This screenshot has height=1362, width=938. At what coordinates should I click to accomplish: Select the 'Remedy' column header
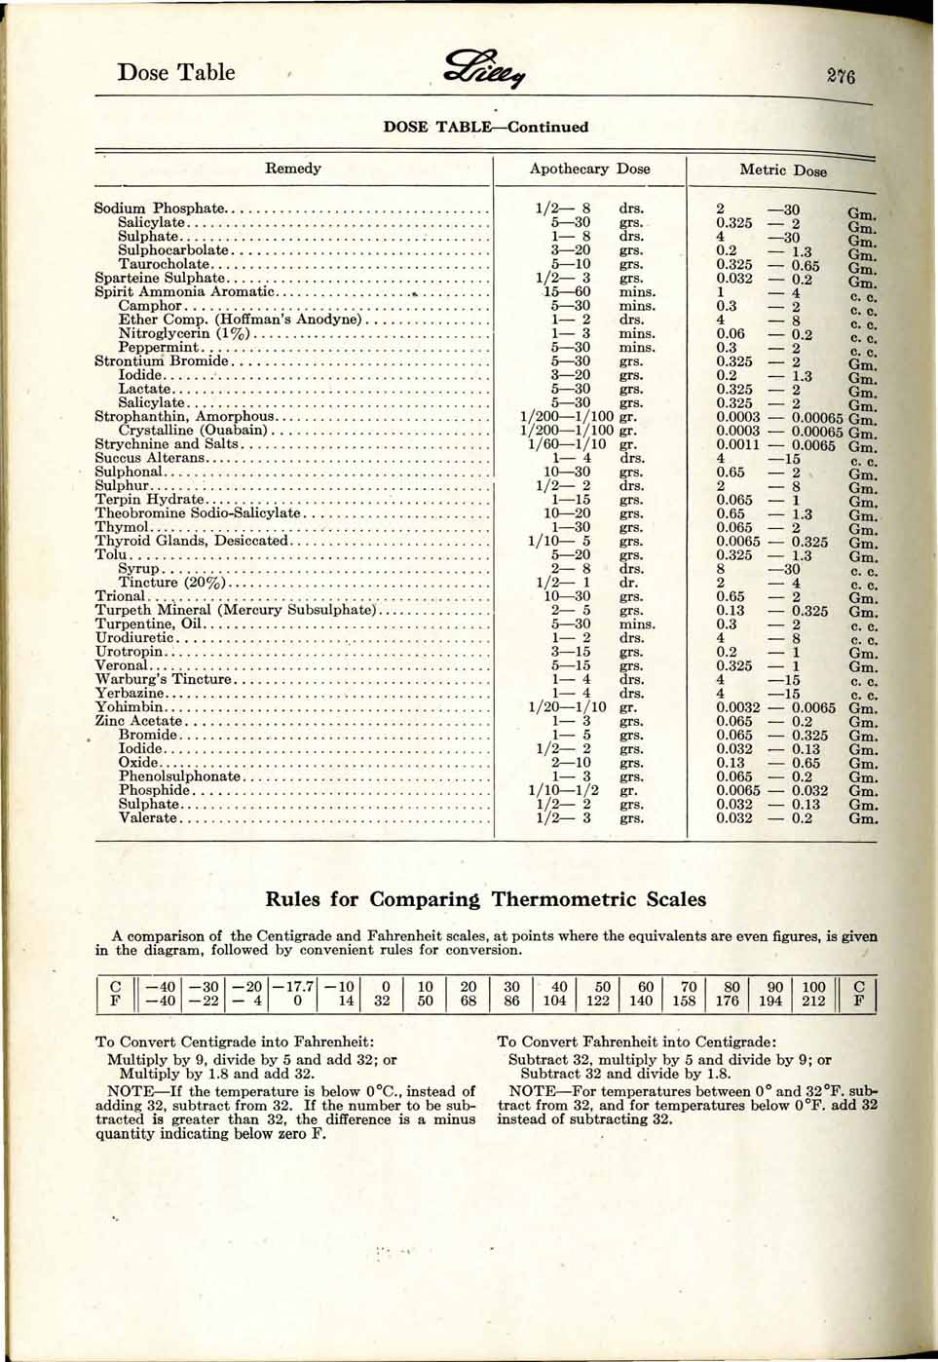click(x=293, y=169)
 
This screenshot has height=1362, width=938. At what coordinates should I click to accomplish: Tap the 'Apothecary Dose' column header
click(x=589, y=169)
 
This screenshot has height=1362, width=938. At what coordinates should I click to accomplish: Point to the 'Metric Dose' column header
click(x=782, y=170)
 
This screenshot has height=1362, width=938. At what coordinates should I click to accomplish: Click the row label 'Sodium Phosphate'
click(x=159, y=208)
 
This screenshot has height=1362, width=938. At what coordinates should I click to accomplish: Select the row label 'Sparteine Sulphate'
click(x=159, y=278)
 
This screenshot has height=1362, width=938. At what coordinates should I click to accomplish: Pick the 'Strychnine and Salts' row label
click(x=166, y=444)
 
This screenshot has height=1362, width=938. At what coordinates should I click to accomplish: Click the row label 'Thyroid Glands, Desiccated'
click(x=192, y=541)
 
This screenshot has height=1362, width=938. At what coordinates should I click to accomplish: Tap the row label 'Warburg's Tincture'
click(x=163, y=680)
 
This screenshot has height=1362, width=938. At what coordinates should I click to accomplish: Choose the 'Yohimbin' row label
click(x=130, y=707)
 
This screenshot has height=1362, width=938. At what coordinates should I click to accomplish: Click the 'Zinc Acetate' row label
click(x=138, y=721)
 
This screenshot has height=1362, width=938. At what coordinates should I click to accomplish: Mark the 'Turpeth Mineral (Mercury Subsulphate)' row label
click(x=235, y=610)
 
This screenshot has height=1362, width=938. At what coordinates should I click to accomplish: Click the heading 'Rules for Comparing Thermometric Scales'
click(x=485, y=898)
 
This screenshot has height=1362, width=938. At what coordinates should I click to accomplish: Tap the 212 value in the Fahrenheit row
click(x=813, y=1001)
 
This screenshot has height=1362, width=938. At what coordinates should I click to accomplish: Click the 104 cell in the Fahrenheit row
click(x=554, y=1001)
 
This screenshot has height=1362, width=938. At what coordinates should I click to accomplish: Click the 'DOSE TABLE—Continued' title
click(x=485, y=127)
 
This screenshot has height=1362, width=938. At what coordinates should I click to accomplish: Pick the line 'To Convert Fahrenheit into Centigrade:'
click(x=636, y=1041)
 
